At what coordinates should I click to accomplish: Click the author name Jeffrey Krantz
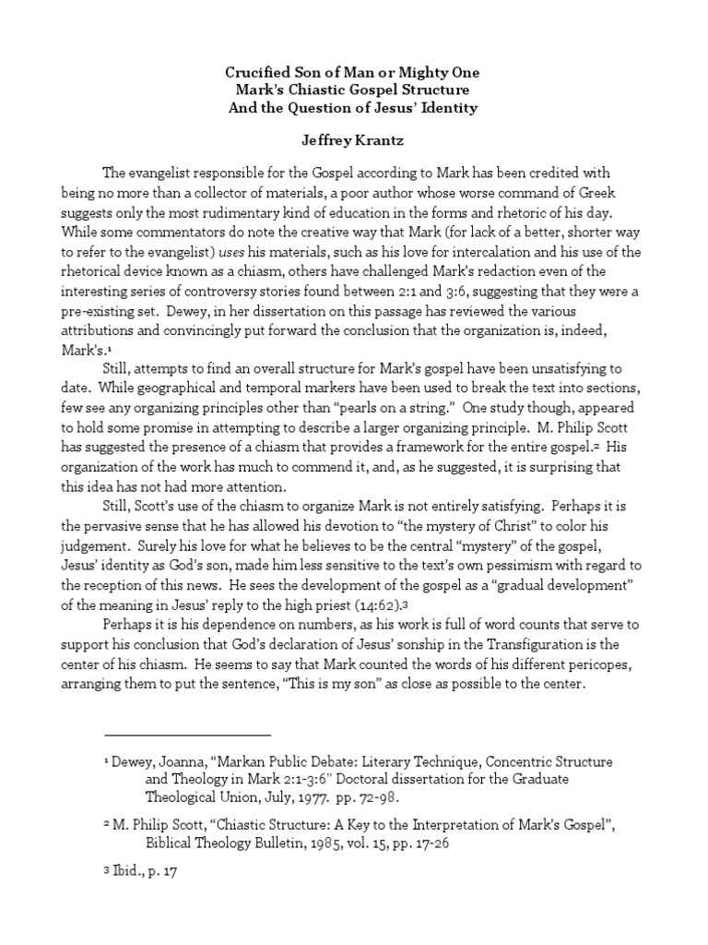pos(355,142)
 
